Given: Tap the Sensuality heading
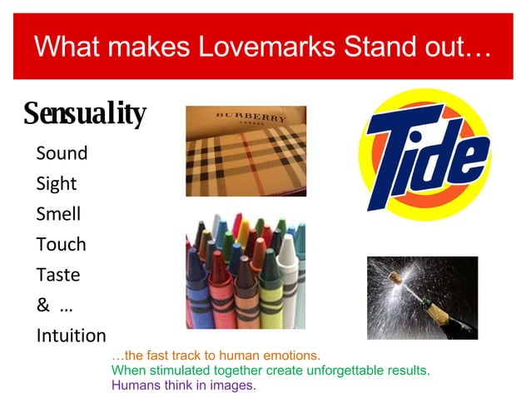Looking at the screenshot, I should (84, 113).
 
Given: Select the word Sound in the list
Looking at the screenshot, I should (62, 153).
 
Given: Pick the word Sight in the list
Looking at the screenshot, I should (57, 183).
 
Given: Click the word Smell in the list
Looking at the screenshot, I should (58, 214).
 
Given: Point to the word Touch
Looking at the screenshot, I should (61, 244).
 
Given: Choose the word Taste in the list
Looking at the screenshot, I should (57, 274).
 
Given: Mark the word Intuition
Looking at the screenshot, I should (71, 336).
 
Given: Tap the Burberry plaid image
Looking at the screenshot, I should (246, 152).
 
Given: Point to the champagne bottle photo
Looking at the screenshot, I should (422, 297).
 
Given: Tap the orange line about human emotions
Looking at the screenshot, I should (216, 355).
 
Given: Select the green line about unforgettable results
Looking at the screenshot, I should (270, 370).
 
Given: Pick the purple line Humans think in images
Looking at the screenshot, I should (183, 386).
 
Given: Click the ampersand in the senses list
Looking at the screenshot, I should (42, 305).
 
